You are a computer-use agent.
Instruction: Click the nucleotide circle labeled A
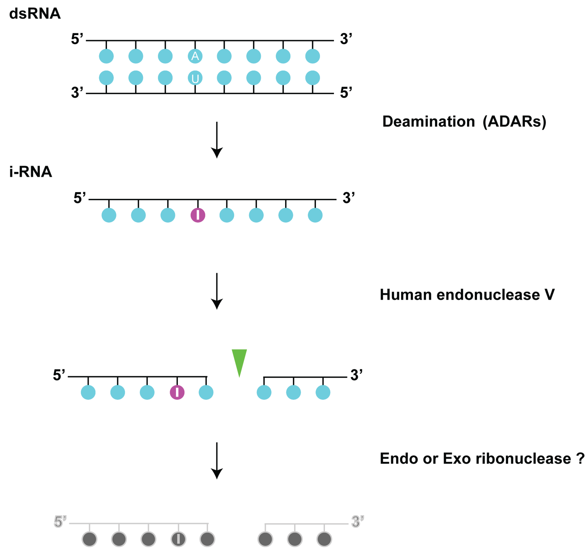(x=195, y=56)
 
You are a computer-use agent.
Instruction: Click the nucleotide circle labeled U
(x=195, y=78)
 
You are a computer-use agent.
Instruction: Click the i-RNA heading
(x=31, y=172)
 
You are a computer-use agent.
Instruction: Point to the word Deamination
(x=428, y=122)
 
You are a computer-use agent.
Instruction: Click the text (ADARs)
(x=514, y=122)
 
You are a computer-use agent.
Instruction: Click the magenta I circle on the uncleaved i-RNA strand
(x=198, y=215)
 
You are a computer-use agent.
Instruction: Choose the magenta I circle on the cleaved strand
(x=177, y=392)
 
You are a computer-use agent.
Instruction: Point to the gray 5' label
(x=60, y=521)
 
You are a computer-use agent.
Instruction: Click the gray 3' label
(x=357, y=521)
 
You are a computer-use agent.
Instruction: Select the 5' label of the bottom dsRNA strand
(x=346, y=93)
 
